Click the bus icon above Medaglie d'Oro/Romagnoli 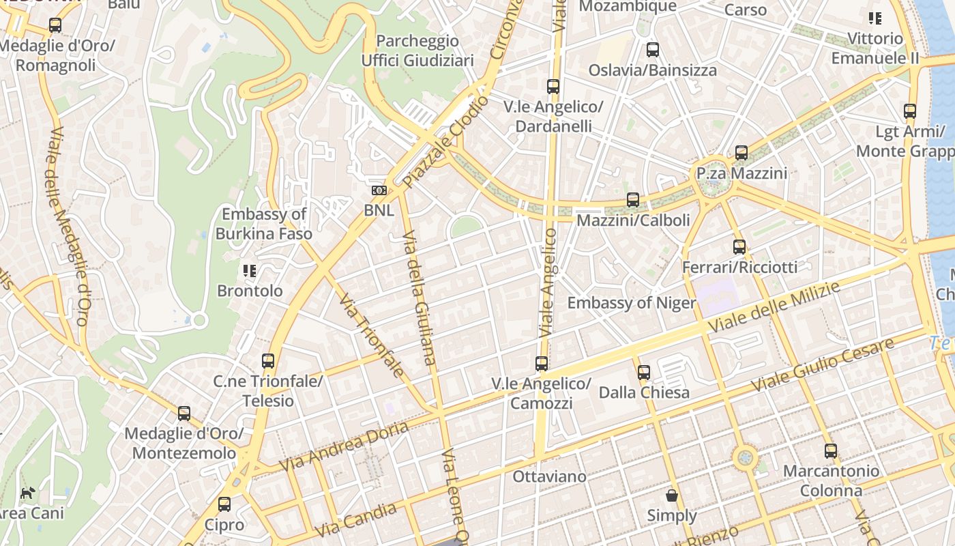55,25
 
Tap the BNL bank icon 379,190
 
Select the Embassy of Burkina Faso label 264,224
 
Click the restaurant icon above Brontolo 250,271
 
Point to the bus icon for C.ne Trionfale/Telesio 268,361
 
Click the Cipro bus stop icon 224,504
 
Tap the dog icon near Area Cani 28,493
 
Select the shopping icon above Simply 672,495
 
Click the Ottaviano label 549,476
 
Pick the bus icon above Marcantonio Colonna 830,450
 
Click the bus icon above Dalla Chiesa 644,373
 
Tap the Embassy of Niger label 632,303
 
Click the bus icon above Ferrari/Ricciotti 739,246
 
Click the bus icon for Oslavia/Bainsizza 653,50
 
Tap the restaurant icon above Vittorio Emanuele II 875,18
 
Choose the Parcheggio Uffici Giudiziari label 417,51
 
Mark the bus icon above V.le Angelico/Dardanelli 553,87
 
